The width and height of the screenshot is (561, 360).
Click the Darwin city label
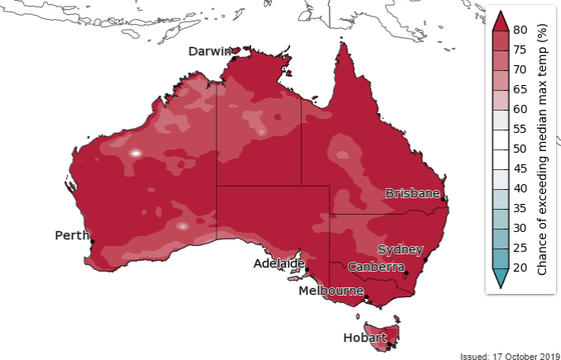pyautogui.click(x=209, y=51)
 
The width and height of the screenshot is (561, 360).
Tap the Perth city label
pyautogui.click(x=72, y=235)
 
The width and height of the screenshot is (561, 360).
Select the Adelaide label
pyautogui.click(x=278, y=263)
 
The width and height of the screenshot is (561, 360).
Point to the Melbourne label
pyautogui.click(x=331, y=291)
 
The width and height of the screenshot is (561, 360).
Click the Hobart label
pyautogui.click(x=364, y=338)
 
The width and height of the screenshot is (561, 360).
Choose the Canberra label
pyautogui.click(x=376, y=267)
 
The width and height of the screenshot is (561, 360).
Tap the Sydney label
pyautogui.click(x=401, y=249)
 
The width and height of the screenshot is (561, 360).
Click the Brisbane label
pyautogui.click(x=412, y=193)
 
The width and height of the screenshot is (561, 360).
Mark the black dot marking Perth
pyautogui.click(x=93, y=241)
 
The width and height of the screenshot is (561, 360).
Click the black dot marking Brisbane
pyautogui.click(x=444, y=200)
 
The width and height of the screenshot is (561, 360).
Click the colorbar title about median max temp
pyautogui.click(x=544, y=149)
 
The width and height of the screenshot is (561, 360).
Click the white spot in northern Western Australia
pyautogui.click(x=135, y=153)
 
